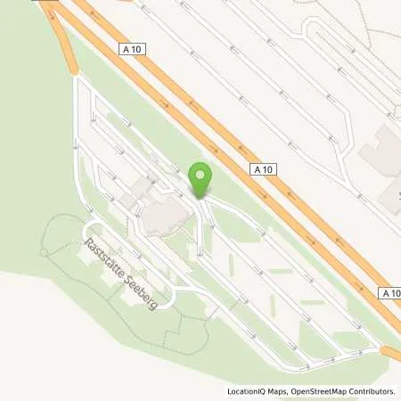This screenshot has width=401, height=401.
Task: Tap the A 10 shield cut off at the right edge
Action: click(390, 292)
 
